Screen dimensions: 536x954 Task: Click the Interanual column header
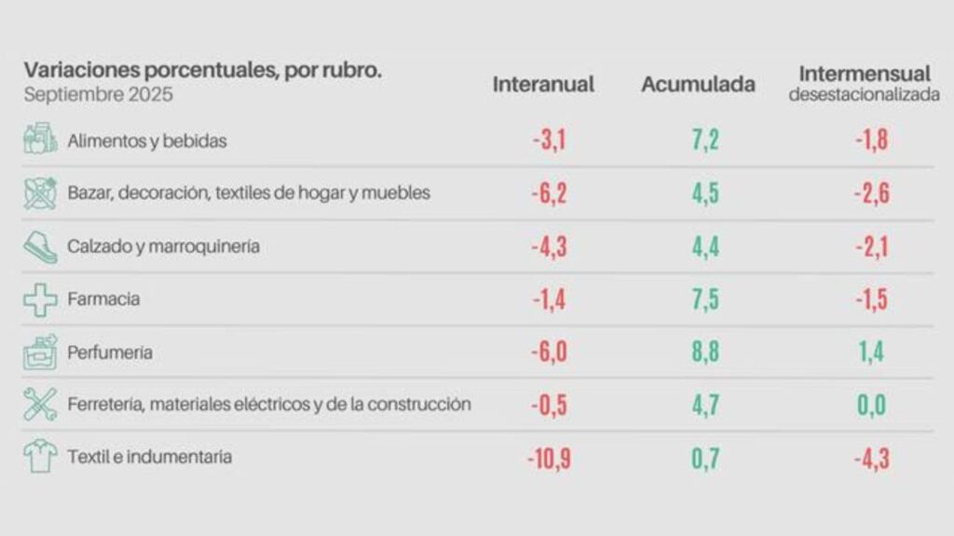coord(543,84)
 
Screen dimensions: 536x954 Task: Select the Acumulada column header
coord(698,84)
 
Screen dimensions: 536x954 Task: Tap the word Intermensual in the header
coord(864,73)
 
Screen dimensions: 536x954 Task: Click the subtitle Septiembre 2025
coord(99,94)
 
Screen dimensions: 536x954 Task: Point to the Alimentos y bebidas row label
coord(147,141)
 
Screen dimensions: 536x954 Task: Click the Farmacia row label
coord(103,299)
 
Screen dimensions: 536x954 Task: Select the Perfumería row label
coord(110,352)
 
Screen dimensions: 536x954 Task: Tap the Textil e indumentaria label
coord(150,457)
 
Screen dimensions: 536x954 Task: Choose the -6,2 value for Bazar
coord(549,194)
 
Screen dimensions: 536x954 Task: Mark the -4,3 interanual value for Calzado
coord(549,247)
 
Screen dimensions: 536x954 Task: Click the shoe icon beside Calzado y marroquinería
coord(40,246)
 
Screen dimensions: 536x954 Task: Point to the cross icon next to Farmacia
coord(40,299)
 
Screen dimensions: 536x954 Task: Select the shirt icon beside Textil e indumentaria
coord(40,457)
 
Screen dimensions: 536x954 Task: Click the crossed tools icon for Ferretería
coord(40,405)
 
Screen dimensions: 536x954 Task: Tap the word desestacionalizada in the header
coord(864,95)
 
